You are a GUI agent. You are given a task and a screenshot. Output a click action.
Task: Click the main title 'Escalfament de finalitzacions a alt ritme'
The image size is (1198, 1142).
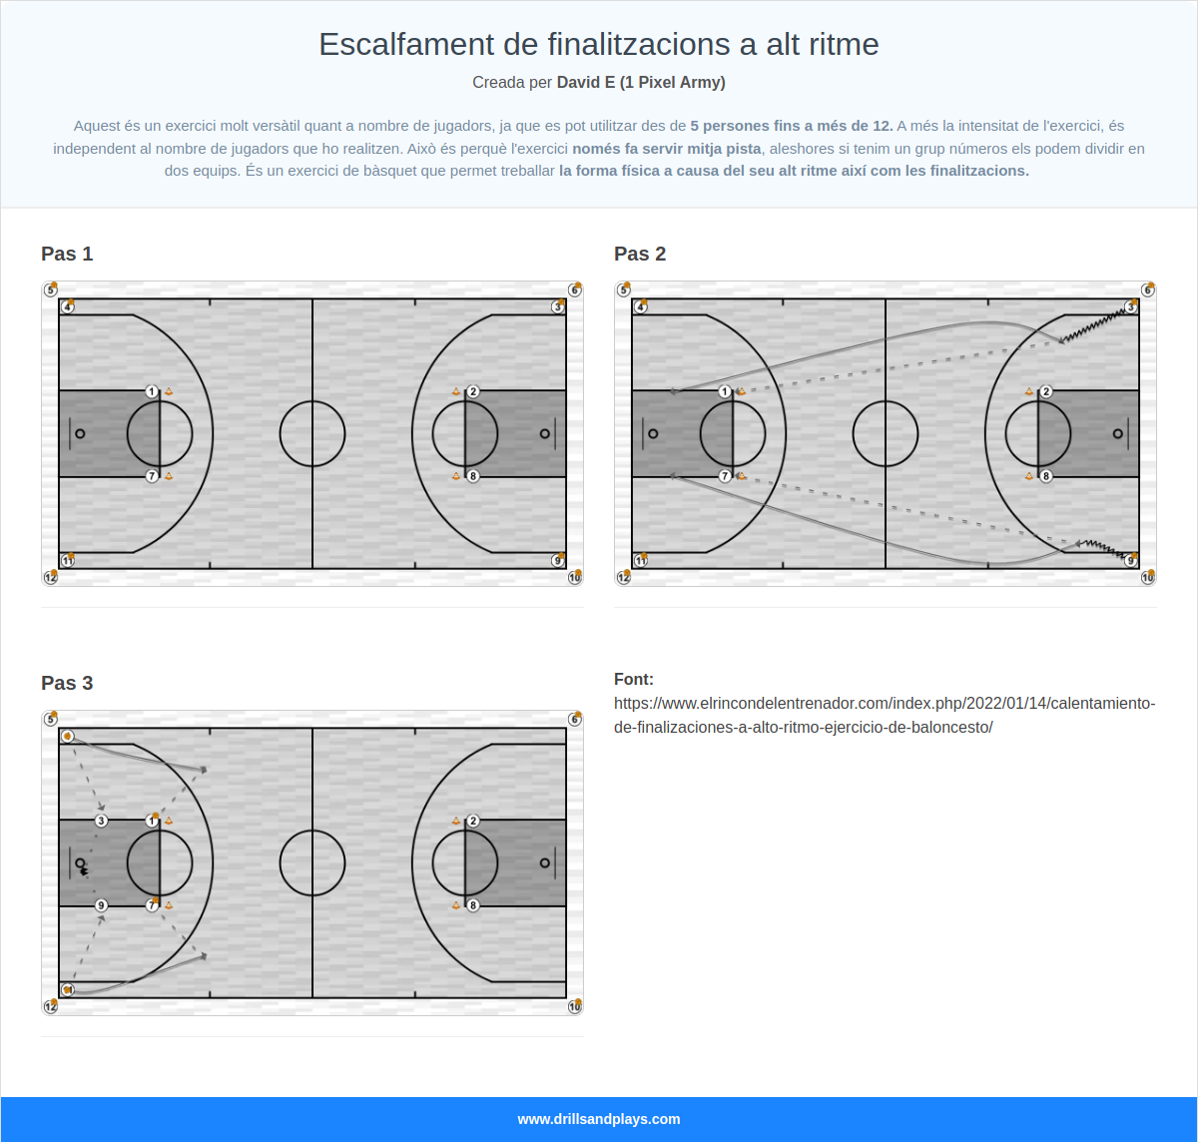click(599, 44)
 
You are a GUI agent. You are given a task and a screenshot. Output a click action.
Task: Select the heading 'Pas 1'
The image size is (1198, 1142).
click(67, 254)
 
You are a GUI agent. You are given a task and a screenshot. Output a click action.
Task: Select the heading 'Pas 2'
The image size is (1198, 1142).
click(640, 254)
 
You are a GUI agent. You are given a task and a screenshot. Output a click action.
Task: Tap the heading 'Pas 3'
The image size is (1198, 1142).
click(67, 683)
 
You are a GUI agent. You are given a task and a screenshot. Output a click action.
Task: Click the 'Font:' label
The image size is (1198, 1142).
click(634, 680)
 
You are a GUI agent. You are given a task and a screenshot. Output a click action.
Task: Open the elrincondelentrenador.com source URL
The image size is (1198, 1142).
click(885, 715)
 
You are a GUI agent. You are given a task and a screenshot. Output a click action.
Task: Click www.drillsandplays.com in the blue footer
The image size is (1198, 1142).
click(599, 1119)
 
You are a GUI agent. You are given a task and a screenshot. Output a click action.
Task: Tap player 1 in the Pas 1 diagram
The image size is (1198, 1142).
click(152, 391)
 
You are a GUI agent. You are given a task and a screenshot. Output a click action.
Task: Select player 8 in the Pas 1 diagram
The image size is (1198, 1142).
click(473, 476)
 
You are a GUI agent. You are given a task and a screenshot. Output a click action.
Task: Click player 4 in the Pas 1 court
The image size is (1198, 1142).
click(67, 306)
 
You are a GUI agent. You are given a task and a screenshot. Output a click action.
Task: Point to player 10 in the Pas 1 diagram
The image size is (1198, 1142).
click(575, 577)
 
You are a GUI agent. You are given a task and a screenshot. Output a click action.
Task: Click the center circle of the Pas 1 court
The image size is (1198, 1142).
click(312, 433)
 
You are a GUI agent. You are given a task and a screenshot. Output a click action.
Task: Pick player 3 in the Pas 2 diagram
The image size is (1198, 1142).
click(1131, 306)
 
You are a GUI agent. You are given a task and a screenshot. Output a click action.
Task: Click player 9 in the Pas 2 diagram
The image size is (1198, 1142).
click(1131, 561)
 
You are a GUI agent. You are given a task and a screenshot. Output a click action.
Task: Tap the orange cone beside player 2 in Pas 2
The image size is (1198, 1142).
click(1029, 391)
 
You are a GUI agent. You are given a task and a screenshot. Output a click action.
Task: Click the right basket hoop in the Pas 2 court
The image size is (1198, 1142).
click(1117, 433)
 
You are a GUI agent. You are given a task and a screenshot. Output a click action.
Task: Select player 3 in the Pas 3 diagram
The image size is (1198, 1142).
click(101, 821)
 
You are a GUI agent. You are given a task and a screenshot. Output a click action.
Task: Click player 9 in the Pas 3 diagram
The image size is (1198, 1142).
click(101, 905)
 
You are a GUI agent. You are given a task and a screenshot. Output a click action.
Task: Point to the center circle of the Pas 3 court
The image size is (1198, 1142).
click(312, 862)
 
